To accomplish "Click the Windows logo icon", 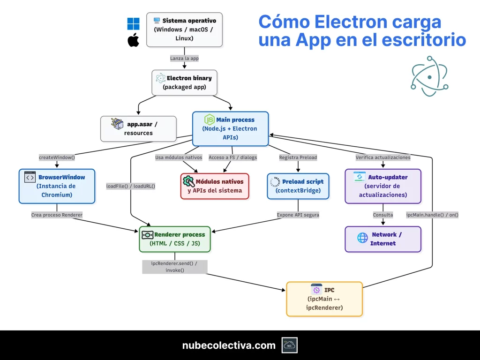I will [x=134, y=24].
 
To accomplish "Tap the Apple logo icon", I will [x=134, y=40].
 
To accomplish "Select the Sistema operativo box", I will [x=184, y=30].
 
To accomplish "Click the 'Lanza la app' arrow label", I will [x=184, y=59].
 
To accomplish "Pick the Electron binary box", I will [x=184, y=82].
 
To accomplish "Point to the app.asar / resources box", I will [x=138, y=128].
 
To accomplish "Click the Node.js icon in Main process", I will [x=209, y=120].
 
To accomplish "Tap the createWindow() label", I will [x=57, y=157].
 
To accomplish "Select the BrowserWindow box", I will [x=57, y=186].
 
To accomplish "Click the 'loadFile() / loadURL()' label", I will [x=131, y=186].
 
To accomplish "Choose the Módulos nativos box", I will [x=215, y=186].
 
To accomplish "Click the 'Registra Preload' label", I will [x=298, y=157].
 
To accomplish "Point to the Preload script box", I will [x=298, y=186].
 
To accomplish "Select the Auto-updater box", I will [x=383, y=186].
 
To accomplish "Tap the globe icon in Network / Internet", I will [x=363, y=238].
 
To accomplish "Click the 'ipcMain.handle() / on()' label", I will [x=432, y=215].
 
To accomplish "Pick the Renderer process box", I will [x=175, y=239].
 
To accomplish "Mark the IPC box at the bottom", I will [x=324, y=299].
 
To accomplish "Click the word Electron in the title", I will [x=345, y=22].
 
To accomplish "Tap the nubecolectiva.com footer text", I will [x=229, y=345].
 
